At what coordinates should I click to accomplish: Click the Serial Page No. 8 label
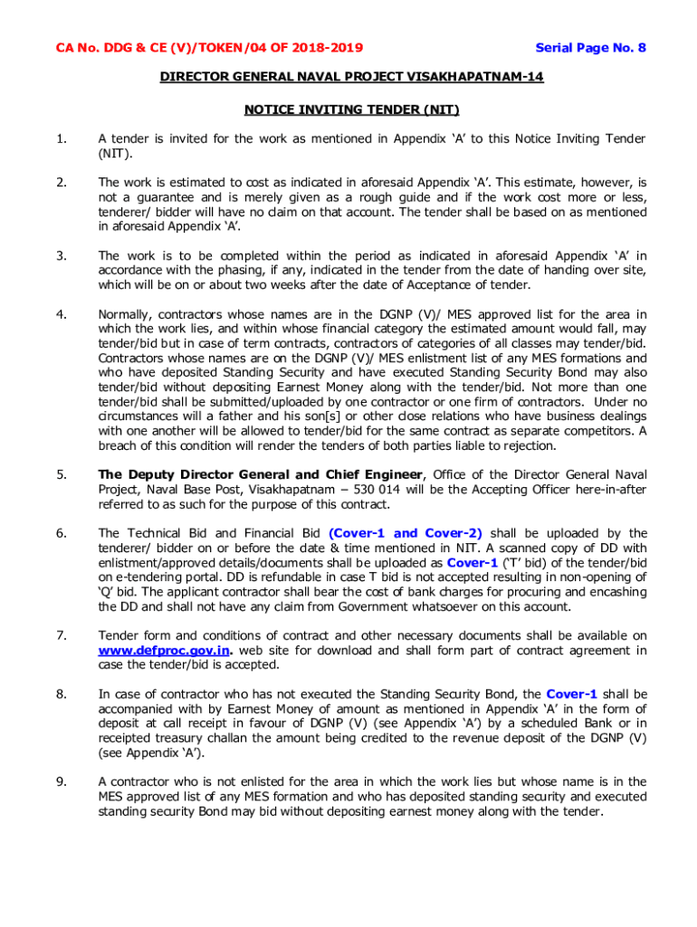tap(590, 48)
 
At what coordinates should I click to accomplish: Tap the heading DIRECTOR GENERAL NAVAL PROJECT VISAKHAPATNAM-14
tap(352, 78)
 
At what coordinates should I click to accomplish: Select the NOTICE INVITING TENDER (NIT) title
tap(352, 110)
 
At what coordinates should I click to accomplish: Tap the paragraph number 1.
tap(60, 139)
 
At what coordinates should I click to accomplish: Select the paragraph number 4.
tap(60, 314)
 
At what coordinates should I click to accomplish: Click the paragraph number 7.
tap(60, 636)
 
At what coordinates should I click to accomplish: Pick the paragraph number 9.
tap(60, 781)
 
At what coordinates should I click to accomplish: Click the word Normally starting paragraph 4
tap(128, 314)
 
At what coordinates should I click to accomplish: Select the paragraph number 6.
tap(60, 533)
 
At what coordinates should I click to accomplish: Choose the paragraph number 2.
tap(60, 183)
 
